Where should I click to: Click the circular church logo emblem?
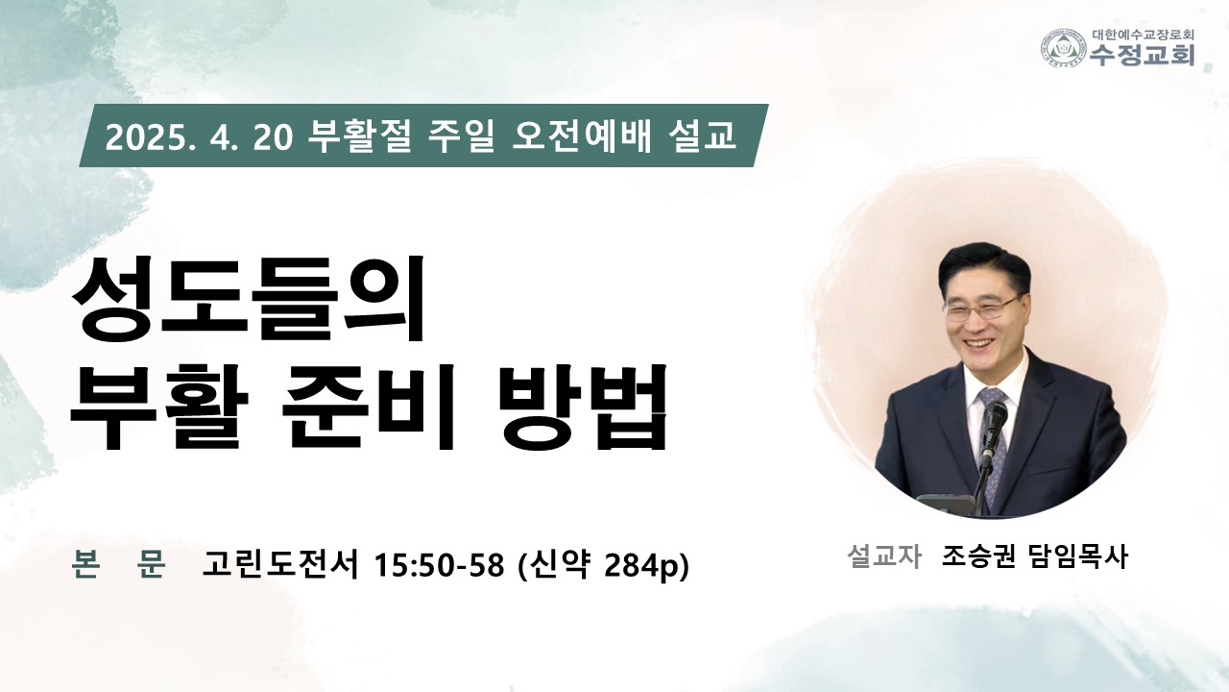1064,48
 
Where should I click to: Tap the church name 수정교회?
1142,55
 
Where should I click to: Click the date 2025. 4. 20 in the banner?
199,137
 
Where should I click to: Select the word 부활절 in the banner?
359,136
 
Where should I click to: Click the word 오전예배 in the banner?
582,136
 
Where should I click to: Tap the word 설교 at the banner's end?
702,136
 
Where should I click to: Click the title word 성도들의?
249,299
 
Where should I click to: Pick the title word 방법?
583,406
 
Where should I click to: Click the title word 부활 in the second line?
159,406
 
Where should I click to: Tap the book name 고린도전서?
280,563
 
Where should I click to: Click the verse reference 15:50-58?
439,564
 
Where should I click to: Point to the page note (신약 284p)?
604,564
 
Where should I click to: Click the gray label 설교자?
884,556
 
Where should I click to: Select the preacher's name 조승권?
978,556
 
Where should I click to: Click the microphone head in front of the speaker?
995,418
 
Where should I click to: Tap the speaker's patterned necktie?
994,439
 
